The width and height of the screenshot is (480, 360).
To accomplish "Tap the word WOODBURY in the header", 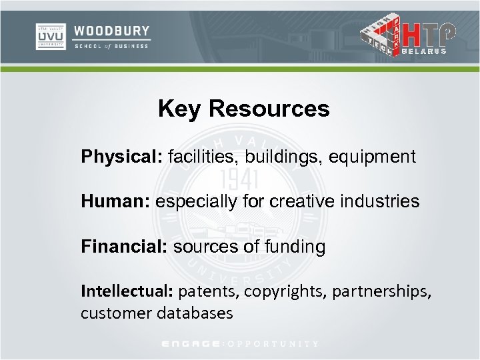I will [112, 31].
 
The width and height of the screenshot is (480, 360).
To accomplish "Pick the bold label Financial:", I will [125, 247].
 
